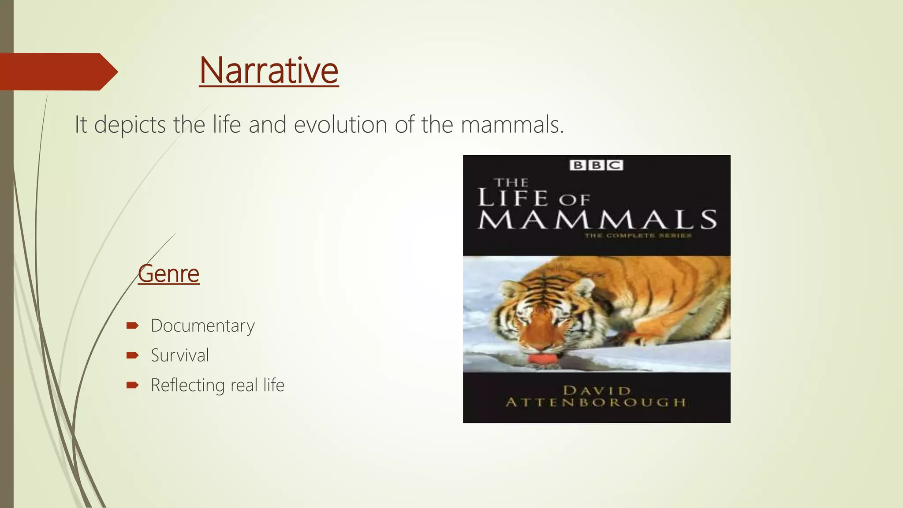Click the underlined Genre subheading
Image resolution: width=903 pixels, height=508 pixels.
168,274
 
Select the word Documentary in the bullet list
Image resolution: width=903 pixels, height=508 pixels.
203,326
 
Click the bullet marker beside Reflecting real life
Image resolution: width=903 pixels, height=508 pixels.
132,385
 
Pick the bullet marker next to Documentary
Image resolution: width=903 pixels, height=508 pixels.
132,326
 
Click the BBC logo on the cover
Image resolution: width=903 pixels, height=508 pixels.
596,165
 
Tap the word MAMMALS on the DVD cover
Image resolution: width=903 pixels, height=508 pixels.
597,220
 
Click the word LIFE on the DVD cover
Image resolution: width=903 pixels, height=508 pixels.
513,198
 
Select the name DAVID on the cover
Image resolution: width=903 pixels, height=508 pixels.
597,391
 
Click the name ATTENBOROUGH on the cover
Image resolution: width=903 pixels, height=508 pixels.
596,403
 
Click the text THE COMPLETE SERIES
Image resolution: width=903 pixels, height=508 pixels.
638,236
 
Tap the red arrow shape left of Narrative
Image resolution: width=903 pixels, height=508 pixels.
57,72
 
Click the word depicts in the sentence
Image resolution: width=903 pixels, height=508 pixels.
130,125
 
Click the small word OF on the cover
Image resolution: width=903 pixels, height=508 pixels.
574,200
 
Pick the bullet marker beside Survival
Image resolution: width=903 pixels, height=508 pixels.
132,355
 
